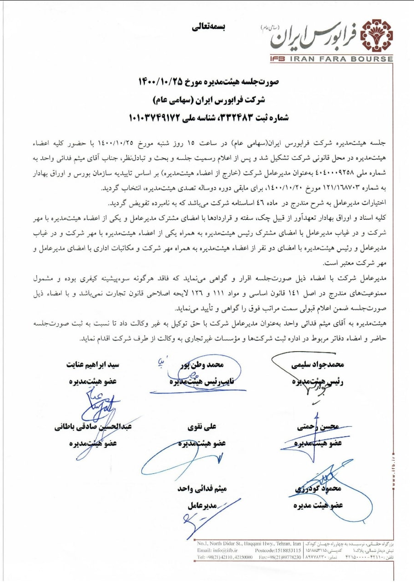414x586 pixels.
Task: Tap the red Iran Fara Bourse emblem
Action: (376, 35)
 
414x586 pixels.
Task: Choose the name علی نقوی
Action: (201, 428)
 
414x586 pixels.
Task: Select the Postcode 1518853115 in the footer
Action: (285, 550)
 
